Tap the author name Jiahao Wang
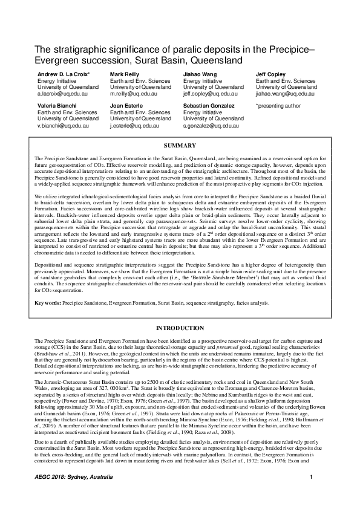tap(200, 73)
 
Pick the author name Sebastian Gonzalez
tap(209, 106)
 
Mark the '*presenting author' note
tap(278, 106)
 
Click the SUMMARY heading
tap(180, 146)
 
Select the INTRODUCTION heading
tap(180, 328)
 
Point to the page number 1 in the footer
tap(310, 496)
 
